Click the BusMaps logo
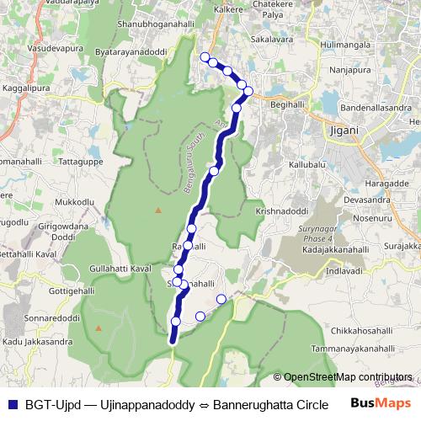click(378, 404)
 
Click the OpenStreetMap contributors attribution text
click(347, 377)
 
